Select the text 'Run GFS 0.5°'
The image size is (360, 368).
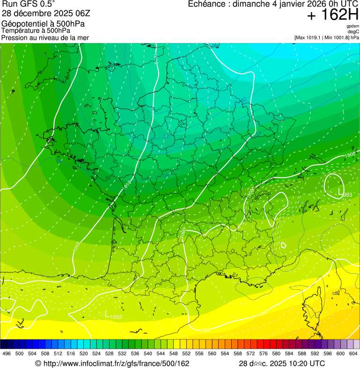point(29,4)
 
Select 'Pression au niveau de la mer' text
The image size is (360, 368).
point(45,37)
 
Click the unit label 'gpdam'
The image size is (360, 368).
point(353,26)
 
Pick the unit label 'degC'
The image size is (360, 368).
point(353,32)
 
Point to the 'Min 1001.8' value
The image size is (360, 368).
point(337,37)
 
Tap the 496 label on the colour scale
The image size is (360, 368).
point(7,353)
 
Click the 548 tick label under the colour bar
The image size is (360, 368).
point(173,353)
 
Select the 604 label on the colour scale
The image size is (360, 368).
point(353,353)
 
